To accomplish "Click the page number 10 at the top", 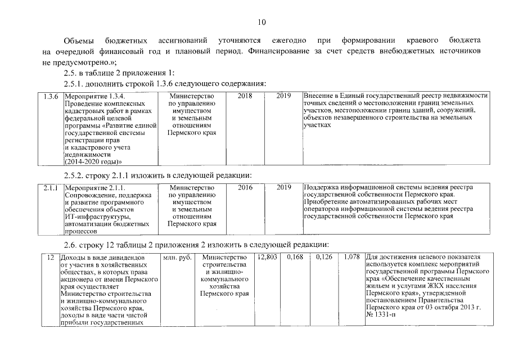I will [262, 22].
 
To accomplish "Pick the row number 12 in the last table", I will [50, 258].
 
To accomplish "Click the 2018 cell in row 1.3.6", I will [245, 96].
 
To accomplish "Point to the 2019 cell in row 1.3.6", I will [283, 96].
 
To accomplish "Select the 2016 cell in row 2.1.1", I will [245, 187].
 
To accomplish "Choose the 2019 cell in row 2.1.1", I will [283, 187].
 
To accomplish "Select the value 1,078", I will [351, 258].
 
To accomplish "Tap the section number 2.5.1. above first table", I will [75, 84].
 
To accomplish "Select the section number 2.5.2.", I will [75, 174].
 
